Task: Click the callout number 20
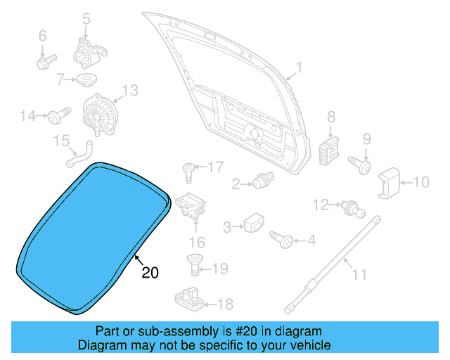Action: (x=150, y=272)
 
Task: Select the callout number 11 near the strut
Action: (x=359, y=274)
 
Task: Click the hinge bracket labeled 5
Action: (x=88, y=50)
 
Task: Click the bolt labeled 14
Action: (x=58, y=114)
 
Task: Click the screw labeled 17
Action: (x=188, y=169)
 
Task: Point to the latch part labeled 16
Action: (x=191, y=206)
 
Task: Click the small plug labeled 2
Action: (x=263, y=181)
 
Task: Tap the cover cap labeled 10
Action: (x=390, y=184)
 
